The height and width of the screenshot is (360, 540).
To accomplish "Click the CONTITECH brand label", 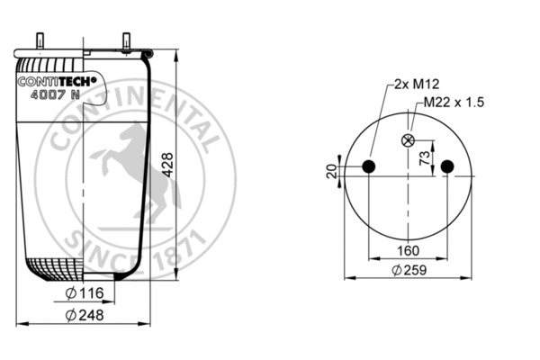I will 50,78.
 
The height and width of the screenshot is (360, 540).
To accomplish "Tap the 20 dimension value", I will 332,171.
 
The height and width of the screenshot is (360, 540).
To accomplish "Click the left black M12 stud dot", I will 367,166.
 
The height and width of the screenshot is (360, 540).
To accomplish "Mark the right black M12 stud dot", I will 448,166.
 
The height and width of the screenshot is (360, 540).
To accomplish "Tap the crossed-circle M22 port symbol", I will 408,140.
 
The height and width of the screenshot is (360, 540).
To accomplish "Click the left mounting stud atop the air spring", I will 40,40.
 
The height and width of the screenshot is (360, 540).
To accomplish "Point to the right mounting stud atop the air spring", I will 126,40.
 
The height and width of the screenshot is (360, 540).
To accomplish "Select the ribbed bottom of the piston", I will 54,266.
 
